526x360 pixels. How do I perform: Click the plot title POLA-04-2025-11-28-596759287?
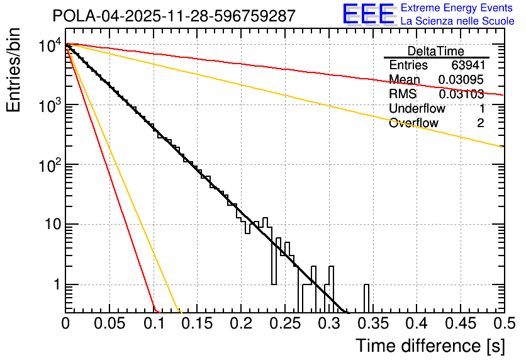(x=173, y=16)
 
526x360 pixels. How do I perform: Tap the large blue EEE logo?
(x=368, y=14)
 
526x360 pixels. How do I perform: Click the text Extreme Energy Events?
(x=456, y=8)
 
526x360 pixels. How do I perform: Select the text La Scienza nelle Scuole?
(x=457, y=21)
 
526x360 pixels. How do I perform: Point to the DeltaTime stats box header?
(x=436, y=51)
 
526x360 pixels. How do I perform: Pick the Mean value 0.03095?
(x=461, y=80)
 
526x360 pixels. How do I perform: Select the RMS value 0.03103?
(x=461, y=94)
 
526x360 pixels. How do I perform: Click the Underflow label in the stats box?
(x=417, y=109)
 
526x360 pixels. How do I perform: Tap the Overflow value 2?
(x=480, y=123)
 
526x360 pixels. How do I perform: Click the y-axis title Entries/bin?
(x=14, y=70)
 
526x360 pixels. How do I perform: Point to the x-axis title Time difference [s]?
(x=430, y=346)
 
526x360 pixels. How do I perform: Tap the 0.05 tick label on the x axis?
(x=109, y=324)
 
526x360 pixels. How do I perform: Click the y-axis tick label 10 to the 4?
(x=49, y=46)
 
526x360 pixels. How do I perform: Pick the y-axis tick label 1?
(x=55, y=285)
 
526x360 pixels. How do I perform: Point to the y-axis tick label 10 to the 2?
(x=49, y=166)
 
